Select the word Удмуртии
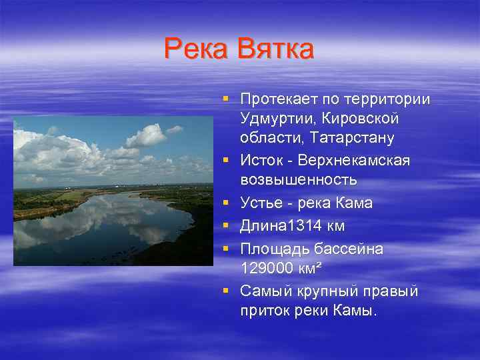click(x=275, y=119)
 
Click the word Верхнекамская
click(x=354, y=161)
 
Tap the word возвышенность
click(x=299, y=180)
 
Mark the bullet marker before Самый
click(x=227, y=291)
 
